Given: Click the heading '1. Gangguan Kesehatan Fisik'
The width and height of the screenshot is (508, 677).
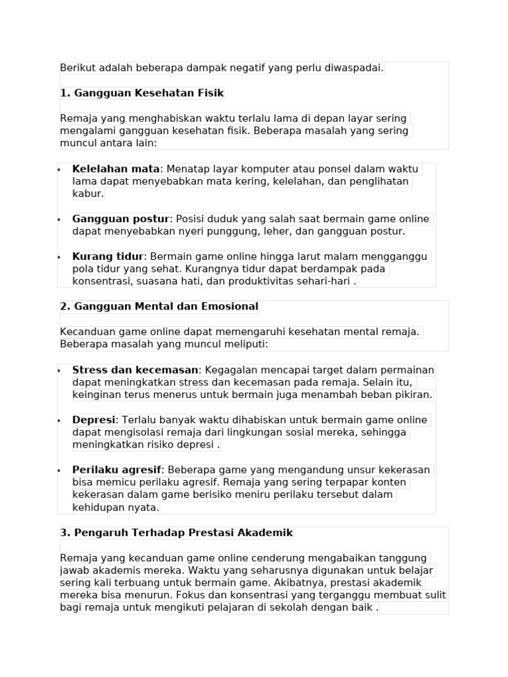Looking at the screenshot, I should pyautogui.click(x=142, y=93).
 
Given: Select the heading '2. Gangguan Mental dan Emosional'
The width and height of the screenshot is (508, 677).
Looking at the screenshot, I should pyautogui.click(x=159, y=307).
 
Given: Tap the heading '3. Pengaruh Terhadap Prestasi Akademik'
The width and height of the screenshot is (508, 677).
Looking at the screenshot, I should pyautogui.click(x=176, y=533).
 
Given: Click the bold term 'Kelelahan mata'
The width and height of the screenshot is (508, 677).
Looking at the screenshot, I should pyautogui.click(x=116, y=169).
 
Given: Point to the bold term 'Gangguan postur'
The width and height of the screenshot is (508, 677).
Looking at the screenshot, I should pyautogui.click(x=121, y=219).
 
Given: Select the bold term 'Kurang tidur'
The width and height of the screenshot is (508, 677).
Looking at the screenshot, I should pyautogui.click(x=108, y=257).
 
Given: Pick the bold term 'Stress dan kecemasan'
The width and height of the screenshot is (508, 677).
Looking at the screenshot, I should pyautogui.click(x=135, y=370).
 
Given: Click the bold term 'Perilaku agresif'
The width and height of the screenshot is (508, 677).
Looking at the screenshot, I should pyautogui.click(x=117, y=470).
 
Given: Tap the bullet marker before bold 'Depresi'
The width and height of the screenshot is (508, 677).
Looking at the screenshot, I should pyautogui.click(x=59, y=420).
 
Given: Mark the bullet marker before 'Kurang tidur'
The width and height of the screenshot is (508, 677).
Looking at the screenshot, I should pyautogui.click(x=59, y=257).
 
